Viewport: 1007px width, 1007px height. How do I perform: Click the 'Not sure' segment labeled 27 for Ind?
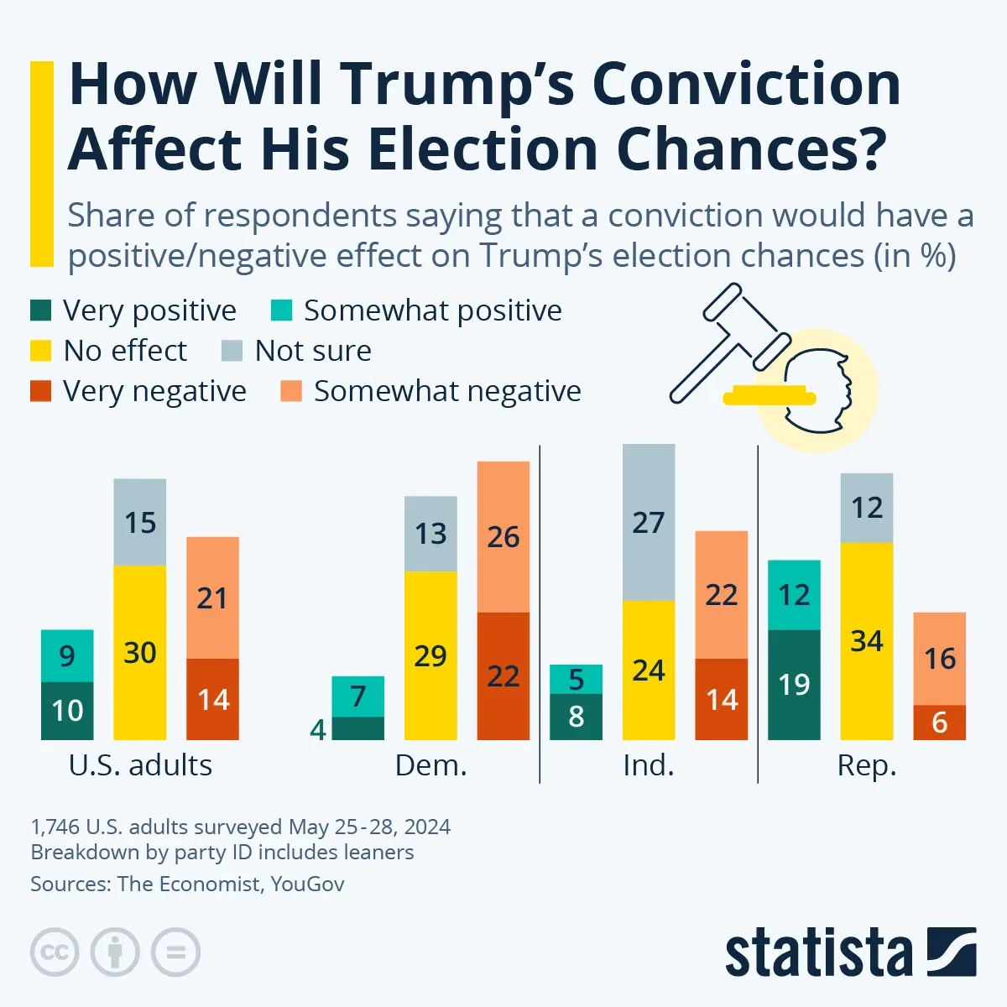coord(648,522)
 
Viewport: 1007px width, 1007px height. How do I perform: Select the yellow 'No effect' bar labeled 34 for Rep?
coord(866,641)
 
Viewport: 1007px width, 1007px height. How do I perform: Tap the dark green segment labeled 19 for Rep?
coord(794,685)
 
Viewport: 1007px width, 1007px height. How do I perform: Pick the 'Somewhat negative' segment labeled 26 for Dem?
coord(503,537)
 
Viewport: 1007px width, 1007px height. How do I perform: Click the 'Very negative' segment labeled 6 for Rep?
coord(939,723)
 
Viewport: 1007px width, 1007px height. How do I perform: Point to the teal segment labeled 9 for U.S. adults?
coord(67,655)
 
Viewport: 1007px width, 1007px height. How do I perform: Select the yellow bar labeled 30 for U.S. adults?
coord(139,652)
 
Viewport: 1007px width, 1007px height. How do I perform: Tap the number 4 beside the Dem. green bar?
coord(318,730)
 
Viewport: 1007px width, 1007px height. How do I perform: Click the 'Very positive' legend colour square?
coord(41,311)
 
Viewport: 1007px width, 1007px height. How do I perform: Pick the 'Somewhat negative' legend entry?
coord(446,391)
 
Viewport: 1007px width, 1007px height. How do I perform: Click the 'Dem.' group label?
coord(430,765)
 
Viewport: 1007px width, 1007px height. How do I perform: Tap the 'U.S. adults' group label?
coord(140,765)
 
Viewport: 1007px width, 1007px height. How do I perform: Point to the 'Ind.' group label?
coord(648,765)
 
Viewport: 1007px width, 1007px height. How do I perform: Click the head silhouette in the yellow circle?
coord(818,390)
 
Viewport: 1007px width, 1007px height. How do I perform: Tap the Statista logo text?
coord(818,954)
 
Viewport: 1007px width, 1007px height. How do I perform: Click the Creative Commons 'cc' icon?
coord(55,952)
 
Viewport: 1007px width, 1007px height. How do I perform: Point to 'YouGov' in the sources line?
coord(307,884)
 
